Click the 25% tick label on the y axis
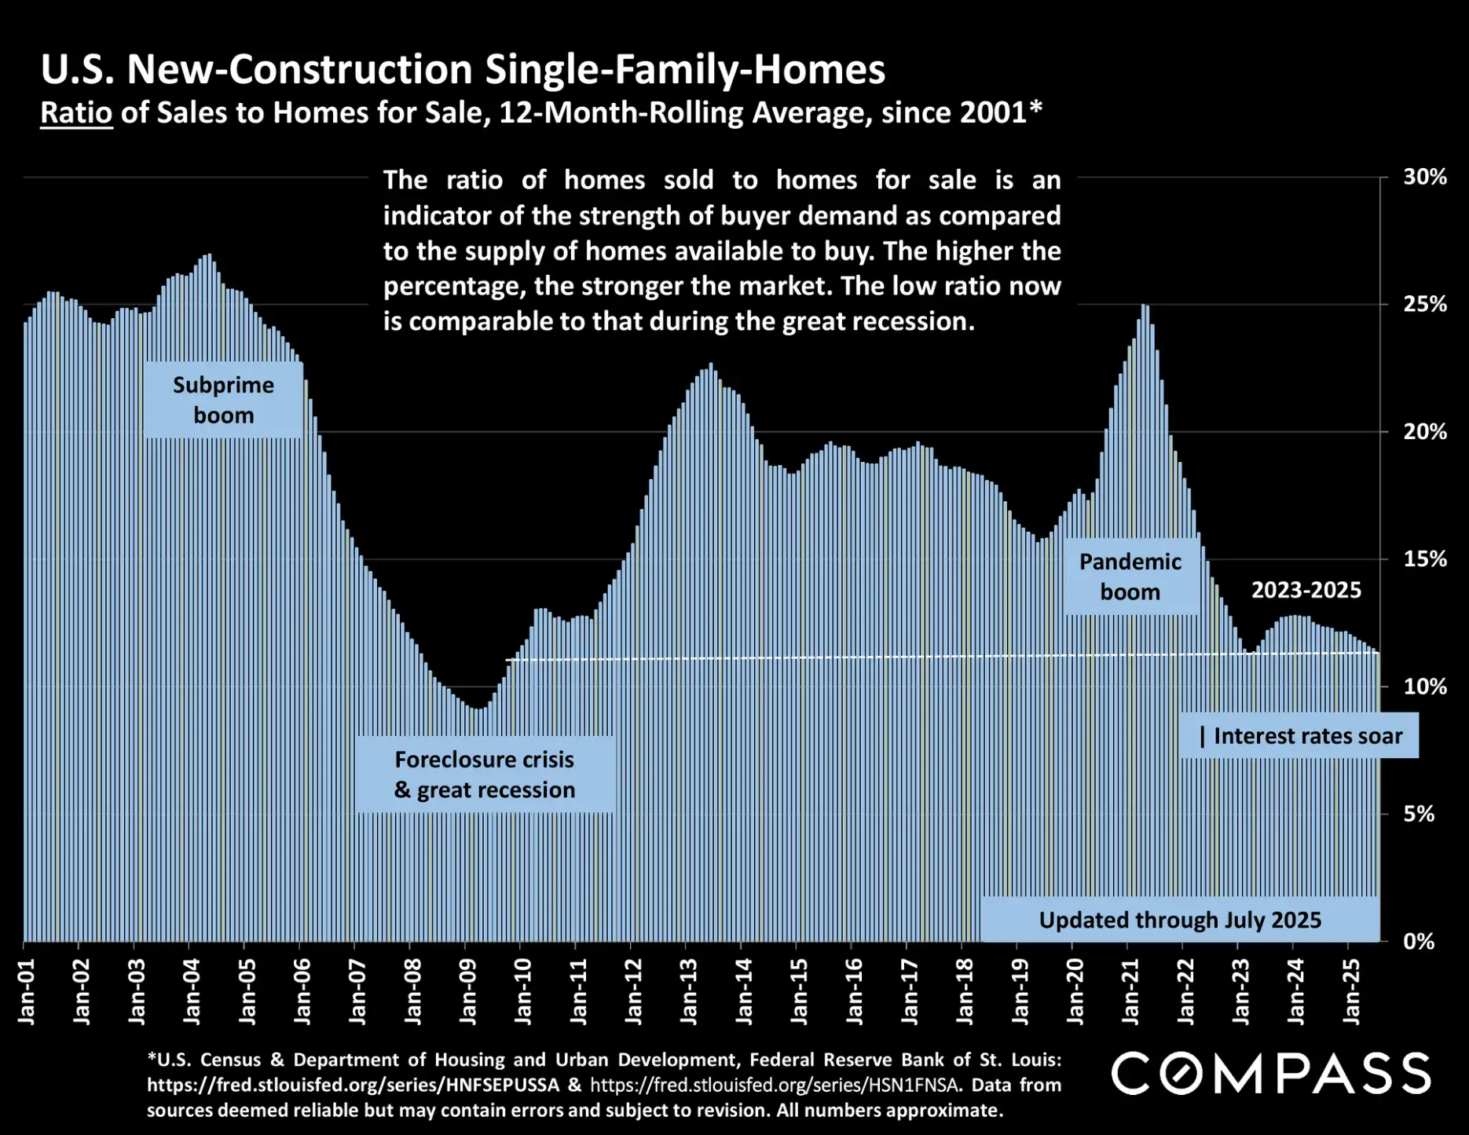[x=1424, y=304]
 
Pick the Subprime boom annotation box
[x=223, y=400]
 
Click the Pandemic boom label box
[x=1130, y=577]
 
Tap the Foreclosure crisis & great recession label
[x=485, y=774]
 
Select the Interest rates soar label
[x=1300, y=736]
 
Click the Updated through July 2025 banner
[x=1180, y=920]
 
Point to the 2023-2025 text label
[x=1306, y=590]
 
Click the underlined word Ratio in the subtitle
[x=76, y=113]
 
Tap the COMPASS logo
[x=1270, y=1074]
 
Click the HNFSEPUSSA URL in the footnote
[x=353, y=1086]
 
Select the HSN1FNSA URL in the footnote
[x=775, y=1086]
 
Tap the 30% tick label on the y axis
[x=1424, y=178]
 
